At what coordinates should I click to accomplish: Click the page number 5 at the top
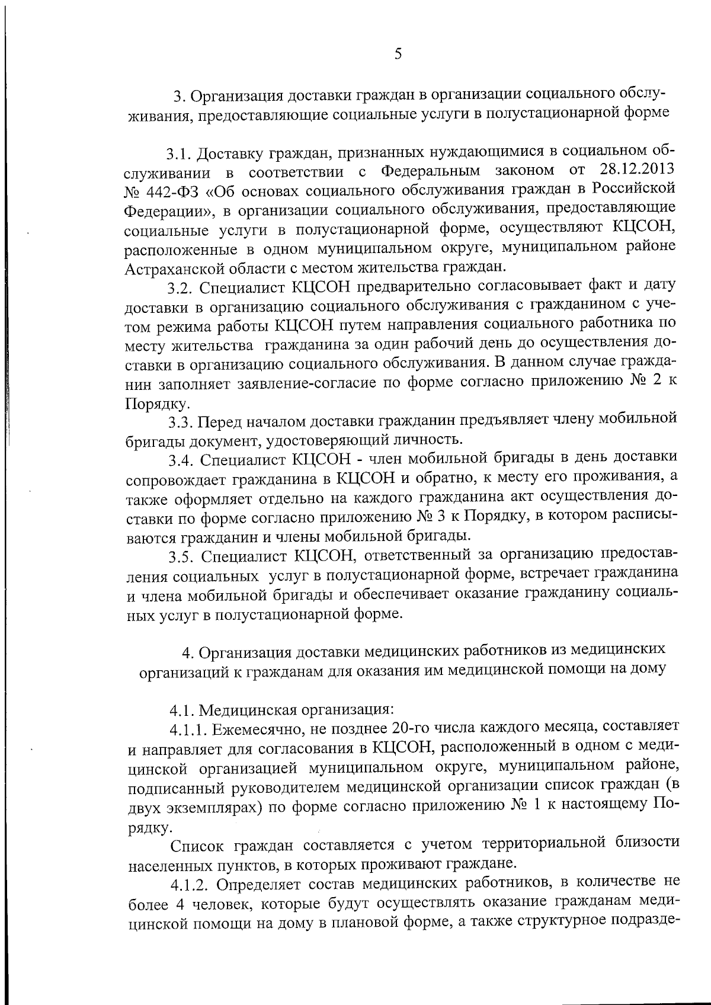tap(398, 55)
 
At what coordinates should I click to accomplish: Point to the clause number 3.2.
tap(180, 288)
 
